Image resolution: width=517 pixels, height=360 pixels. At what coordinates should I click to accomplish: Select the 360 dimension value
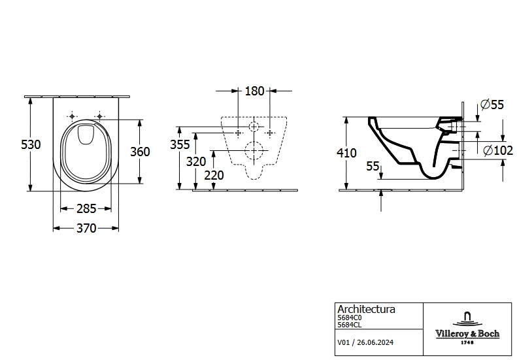click(140, 152)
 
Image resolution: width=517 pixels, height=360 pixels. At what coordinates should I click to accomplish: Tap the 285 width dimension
click(86, 209)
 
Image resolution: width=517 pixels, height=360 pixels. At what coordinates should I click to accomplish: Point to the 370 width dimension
click(86, 228)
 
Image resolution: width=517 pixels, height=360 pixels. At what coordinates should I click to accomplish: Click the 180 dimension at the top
click(254, 91)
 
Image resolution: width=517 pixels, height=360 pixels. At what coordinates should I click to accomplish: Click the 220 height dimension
click(214, 175)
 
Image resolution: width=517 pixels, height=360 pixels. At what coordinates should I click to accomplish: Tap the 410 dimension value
click(346, 154)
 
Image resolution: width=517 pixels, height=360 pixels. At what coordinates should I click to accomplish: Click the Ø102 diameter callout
click(497, 150)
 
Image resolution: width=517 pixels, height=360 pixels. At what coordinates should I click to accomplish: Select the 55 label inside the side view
click(373, 167)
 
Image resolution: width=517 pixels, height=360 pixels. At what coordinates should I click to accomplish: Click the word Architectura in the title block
click(365, 309)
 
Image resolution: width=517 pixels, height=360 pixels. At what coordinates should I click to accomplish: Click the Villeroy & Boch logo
click(467, 327)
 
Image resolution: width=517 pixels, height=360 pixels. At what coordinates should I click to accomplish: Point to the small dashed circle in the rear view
click(254, 125)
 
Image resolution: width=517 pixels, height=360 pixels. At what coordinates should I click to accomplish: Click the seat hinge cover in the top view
click(84, 135)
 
